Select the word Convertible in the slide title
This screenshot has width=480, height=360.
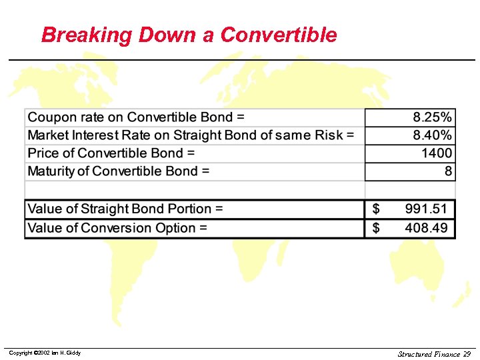[x=279, y=35]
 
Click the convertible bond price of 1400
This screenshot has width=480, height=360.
[x=437, y=153]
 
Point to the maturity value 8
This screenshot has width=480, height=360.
[x=449, y=171]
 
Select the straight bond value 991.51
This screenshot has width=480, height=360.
[x=427, y=209]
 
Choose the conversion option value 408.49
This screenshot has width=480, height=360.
[x=427, y=228]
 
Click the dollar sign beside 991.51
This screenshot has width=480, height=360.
[x=376, y=209]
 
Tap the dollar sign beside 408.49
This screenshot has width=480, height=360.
[x=376, y=228]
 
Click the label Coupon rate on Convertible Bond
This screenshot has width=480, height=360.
[x=136, y=117]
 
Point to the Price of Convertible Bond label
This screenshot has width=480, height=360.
[x=111, y=153]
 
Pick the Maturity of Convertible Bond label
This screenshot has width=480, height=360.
[x=119, y=171]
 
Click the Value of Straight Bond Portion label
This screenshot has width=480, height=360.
[x=125, y=209]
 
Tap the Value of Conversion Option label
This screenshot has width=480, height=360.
[x=117, y=228]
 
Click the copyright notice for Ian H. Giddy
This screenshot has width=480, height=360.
[x=45, y=353]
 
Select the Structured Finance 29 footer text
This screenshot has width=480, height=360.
[x=434, y=354]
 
